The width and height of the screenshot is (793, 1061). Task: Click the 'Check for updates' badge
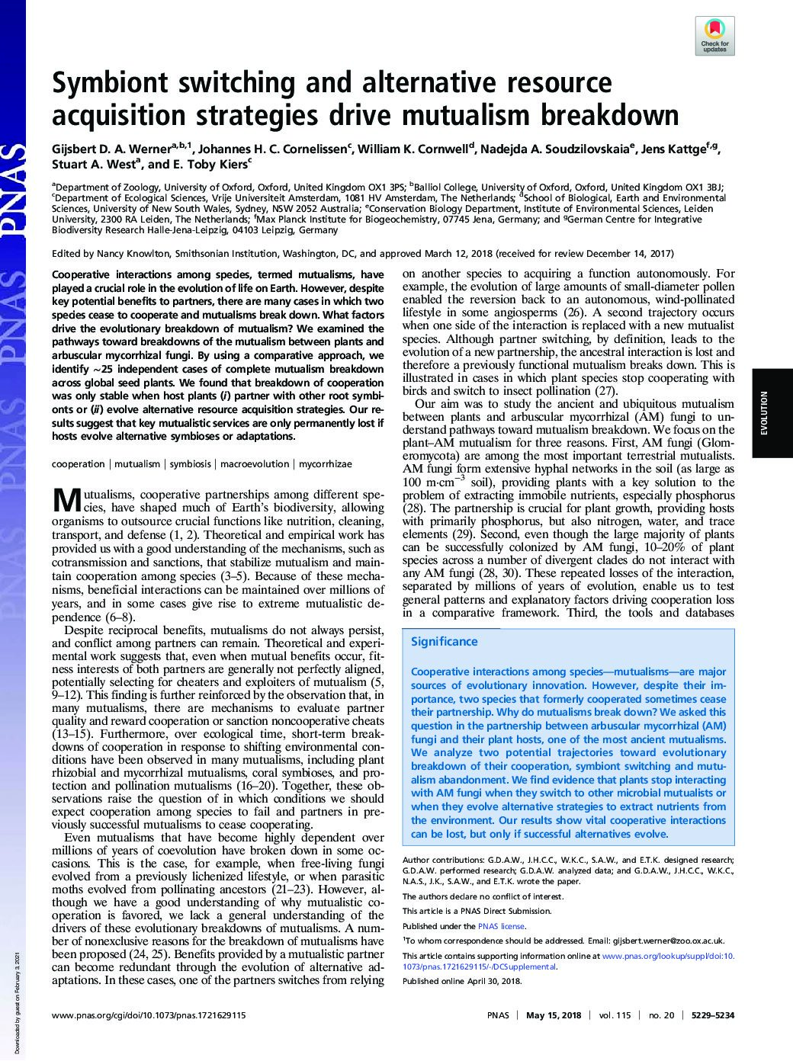coord(714,35)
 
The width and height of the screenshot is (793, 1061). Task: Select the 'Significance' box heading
coord(444,642)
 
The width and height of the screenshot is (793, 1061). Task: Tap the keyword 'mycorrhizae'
coord(326,463)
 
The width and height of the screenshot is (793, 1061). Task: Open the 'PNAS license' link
coord(501,926)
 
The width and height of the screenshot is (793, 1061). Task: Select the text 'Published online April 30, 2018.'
coord(462,981)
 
